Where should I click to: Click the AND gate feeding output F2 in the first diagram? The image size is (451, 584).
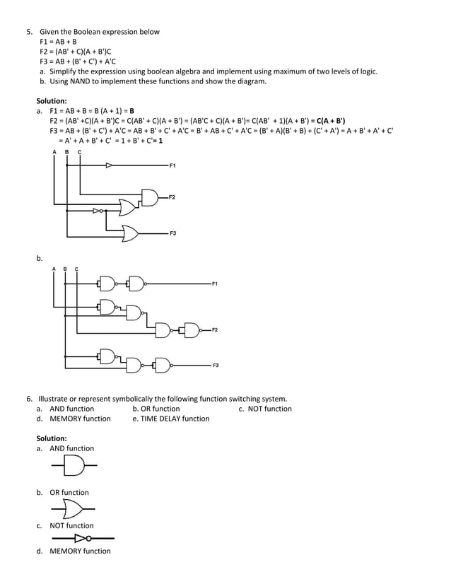(x=151, y=197)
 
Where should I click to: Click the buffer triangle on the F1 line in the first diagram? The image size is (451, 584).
(x=109, y=165)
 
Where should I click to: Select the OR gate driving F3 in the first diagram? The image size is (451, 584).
(x=131, y=233)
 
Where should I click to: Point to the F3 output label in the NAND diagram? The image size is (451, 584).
(x=216, y=365)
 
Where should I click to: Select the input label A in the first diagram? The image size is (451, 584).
(x=54, y=152)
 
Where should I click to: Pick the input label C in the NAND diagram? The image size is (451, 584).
(x=76, y=269)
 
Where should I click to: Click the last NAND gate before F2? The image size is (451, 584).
(x=191, y=330)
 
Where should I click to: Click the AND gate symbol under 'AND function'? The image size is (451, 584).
(x=74, y=465)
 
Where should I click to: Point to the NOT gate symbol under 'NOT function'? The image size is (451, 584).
(x=81, y=539)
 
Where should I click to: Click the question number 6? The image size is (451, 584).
(x=30, y=399)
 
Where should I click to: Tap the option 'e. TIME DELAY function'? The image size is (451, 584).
(x=171, y=419)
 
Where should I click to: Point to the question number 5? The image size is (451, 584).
(x=30, y=32)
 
